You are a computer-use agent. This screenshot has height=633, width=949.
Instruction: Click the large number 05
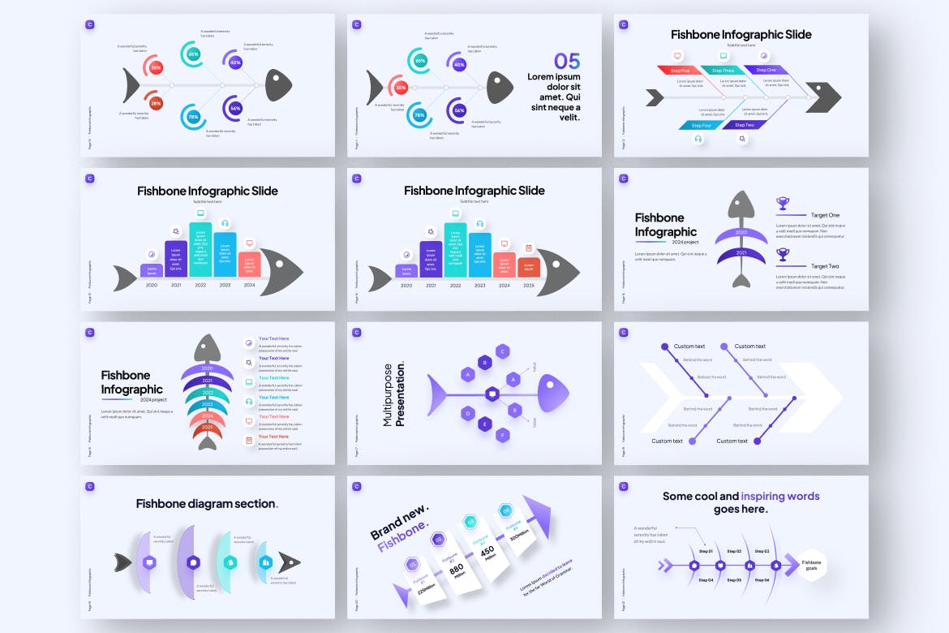click(567, 61)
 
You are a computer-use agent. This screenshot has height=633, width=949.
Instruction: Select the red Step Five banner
click(680, 71)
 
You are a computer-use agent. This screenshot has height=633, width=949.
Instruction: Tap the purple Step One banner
click(766, 71)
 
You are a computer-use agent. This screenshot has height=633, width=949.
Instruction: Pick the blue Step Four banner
click(701, 125)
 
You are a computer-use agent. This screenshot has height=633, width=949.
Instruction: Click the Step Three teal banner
click(723, 71)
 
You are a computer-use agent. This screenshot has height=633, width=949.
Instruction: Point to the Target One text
click(825, 215)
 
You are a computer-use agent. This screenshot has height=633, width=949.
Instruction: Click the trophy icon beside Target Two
click(783, 254)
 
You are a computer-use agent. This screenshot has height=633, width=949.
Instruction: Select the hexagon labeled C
click(503, 351)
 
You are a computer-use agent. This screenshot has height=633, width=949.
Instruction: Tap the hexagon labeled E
click(484, 423)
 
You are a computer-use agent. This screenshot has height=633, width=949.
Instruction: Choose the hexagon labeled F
click(503, 435)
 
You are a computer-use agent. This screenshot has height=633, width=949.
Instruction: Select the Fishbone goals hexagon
click(811, 565)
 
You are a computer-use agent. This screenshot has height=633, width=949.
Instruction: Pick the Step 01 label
click(705, 551)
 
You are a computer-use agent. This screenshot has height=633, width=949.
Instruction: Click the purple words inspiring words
click(768, 496)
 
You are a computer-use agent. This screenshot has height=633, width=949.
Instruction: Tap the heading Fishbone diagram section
click(206, 503)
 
